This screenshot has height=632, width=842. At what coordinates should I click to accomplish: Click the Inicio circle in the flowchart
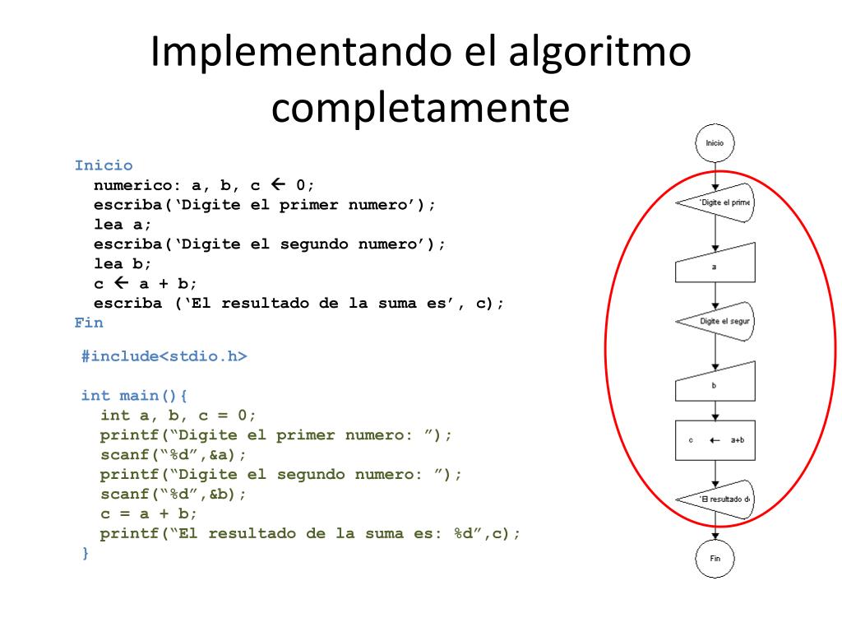[715, 142]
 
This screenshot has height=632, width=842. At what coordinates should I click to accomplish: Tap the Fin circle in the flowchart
[715, 558]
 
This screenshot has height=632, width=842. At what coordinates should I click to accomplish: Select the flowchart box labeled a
[715, 265]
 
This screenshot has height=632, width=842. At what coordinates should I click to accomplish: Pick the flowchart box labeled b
[715, 384]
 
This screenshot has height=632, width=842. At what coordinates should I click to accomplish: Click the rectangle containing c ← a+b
[715, 440]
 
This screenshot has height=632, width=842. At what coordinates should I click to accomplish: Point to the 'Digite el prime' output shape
[717, 202]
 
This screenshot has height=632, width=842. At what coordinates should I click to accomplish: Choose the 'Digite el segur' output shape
[717, 321]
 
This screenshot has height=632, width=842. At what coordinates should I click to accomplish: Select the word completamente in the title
[420, 108]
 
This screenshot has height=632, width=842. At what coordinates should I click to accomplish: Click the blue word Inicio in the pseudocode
[104, 165]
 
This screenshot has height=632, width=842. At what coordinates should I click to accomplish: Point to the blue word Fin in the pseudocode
[89, 323]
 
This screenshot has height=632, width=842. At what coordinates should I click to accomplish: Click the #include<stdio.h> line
[164, 356]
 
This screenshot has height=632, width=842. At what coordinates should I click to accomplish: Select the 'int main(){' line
[135, 396]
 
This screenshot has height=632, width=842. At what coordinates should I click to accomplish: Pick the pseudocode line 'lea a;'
[123, 224]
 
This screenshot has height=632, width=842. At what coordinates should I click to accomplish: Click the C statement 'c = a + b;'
[149, 513]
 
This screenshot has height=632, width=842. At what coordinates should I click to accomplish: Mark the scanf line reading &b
[173, 494]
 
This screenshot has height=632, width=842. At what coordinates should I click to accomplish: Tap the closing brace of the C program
[85, 553]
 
